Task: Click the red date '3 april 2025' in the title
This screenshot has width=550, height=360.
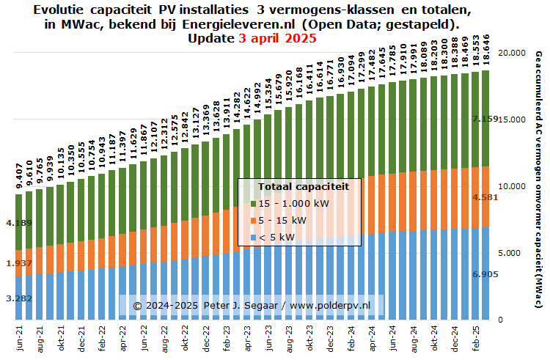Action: click(x=277, y=39)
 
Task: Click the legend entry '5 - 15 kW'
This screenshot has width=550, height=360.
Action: click(x=282, y=220)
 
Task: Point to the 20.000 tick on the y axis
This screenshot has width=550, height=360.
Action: click(x=510, y=54)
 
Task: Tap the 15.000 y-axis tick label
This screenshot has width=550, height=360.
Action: click(x=510, y=120)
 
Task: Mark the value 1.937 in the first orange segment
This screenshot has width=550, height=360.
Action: click(x=16, y=263)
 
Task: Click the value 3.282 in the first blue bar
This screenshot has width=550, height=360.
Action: click(x=16, y=298)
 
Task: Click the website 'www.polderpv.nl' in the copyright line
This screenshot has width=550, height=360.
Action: click(x=334, y=304)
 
